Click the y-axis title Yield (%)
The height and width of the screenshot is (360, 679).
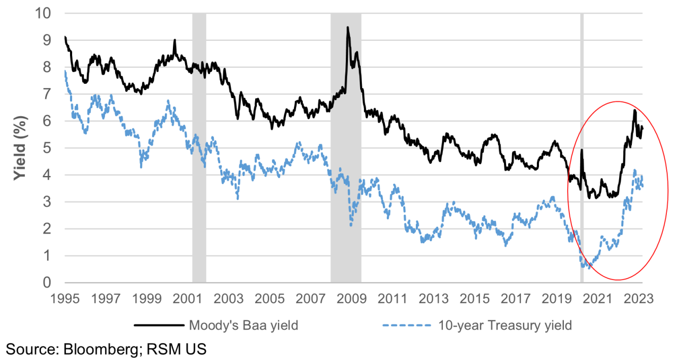(x=20, y=148)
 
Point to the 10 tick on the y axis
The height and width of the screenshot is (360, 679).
(x=46, y=13)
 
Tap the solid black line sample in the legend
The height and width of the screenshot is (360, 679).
(x=156, y=325)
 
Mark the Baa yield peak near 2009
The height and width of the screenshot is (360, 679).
(x=347, y=28)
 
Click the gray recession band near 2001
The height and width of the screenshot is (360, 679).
(x=199, y=159)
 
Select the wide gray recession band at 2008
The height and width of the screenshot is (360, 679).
(x=346, y=159)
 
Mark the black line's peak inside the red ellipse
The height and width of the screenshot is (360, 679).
(x=634, y=110)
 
